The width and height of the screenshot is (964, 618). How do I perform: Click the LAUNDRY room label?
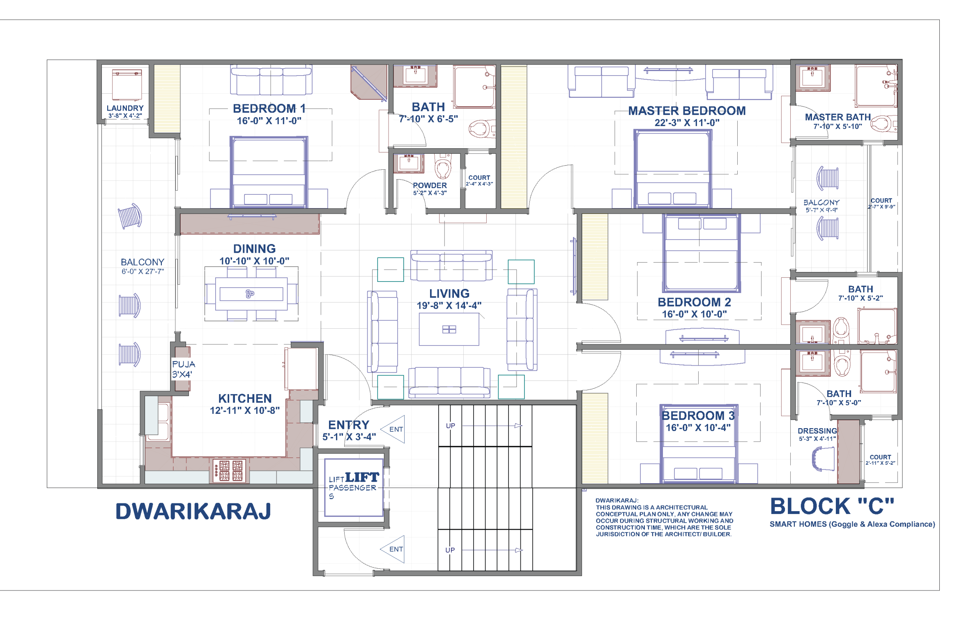coord(125,108)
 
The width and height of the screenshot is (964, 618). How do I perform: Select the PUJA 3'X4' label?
coord(183,369)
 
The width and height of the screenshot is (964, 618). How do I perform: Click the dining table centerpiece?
coord(250,293)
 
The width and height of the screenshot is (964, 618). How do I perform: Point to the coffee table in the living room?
coord(449,330)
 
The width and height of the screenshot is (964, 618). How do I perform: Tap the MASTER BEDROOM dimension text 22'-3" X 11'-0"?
coord(687,122)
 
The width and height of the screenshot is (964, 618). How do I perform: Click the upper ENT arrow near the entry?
coord(393,429)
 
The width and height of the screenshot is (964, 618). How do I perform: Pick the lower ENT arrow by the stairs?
coord(393,549)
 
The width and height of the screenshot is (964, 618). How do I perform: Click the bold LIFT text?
coord(362,477)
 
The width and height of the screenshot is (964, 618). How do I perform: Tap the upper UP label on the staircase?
coord(450,426)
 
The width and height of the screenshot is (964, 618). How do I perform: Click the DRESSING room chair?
coord(824,458)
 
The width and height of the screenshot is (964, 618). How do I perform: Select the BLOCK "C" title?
coord(832,507)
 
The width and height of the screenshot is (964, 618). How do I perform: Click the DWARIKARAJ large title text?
coord(193,512)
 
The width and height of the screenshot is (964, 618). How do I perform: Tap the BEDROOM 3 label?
coord(698,415)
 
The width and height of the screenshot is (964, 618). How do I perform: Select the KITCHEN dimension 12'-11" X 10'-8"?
coord(245,410)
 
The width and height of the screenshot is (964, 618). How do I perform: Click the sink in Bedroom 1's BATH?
coord(415,76)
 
